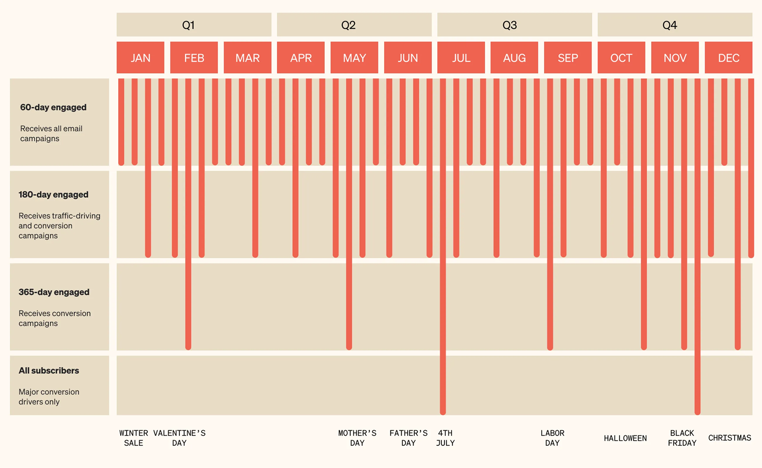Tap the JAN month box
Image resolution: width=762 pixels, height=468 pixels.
(140, 58)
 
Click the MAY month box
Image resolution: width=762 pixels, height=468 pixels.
(354, 58)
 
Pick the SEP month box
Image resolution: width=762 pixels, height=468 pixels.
(568, 58)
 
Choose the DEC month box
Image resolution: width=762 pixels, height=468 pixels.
(728, 58)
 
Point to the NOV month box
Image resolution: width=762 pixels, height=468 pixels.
(675, 58)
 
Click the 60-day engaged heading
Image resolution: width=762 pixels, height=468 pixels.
(53, 107)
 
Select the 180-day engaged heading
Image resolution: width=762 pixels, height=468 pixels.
(54, 195)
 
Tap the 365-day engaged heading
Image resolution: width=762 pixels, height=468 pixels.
(54, 292)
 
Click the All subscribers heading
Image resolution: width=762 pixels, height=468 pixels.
(49, 371)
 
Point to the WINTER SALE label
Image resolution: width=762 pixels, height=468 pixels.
(134, 438)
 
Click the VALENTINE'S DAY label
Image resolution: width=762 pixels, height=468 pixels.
(179, 438)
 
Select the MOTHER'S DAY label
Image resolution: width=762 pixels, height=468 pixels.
(357, 438)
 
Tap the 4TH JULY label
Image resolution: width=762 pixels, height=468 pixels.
(445, 438)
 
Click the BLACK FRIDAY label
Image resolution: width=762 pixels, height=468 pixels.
(682, 438)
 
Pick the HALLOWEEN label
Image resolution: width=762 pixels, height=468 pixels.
(625, 438)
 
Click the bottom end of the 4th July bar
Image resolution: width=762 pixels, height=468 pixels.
(443, 412)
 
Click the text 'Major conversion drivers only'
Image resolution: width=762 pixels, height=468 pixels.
(49, 397)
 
